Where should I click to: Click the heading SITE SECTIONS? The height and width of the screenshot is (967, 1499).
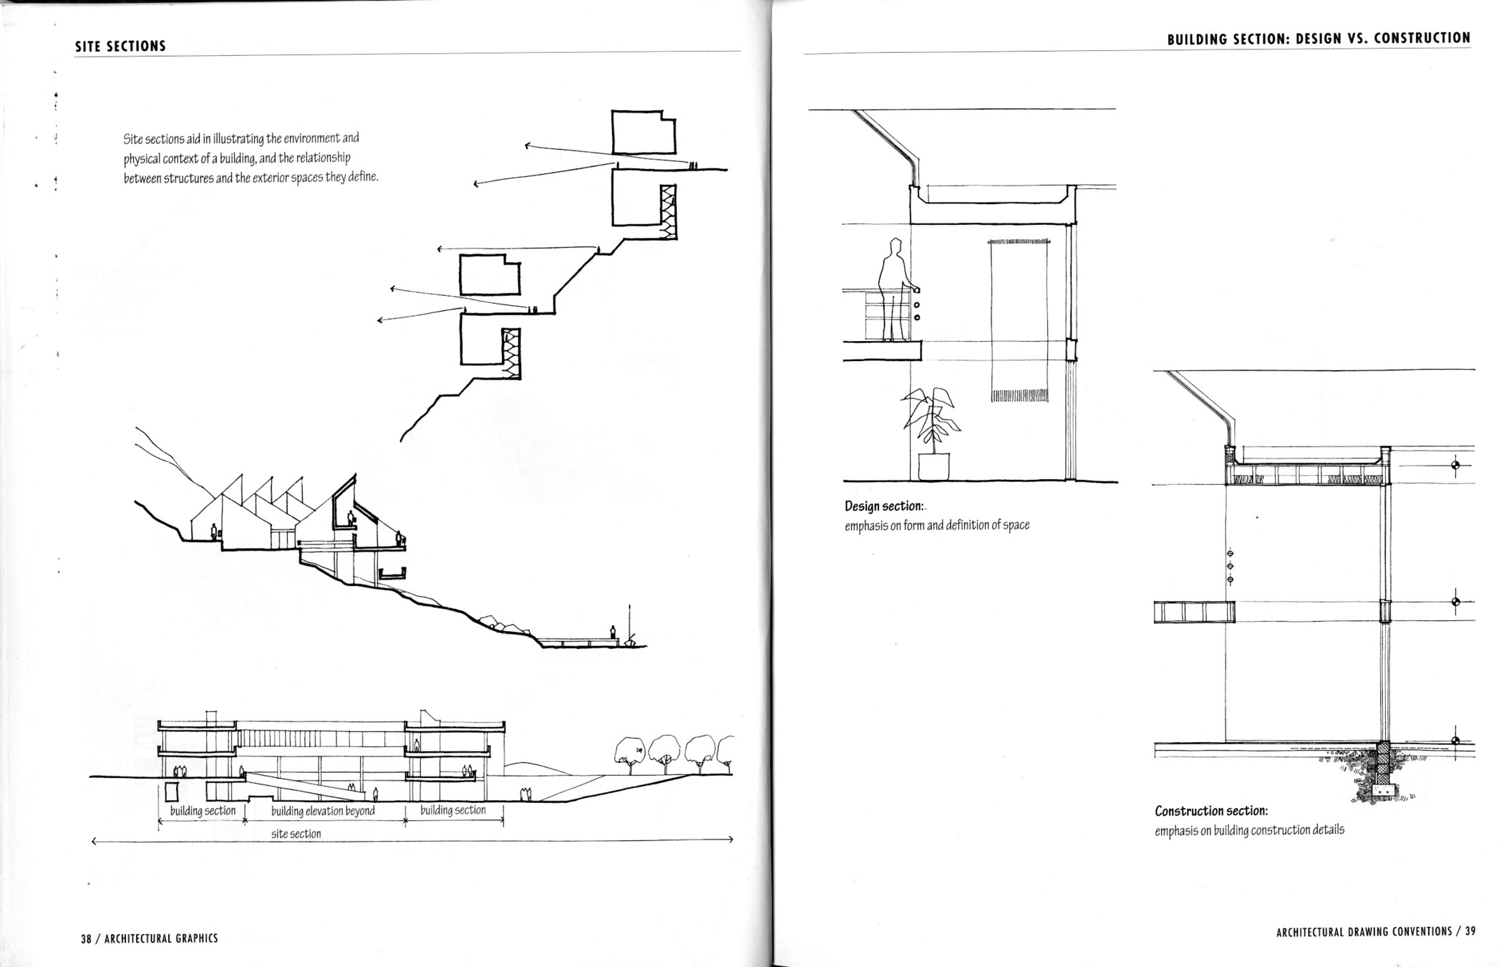pyautogui.click(x=120, y=46)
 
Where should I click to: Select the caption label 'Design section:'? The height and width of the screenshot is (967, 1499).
pyautogui.click(x=883, y=506)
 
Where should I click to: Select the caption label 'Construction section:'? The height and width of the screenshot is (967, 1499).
pyautogui.click(x=1211, y=811)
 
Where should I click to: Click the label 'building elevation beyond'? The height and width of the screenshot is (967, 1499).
pyautogui.click(x=323, y=811)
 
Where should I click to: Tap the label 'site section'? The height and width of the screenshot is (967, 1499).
pyautogui.click(x=296, y=834)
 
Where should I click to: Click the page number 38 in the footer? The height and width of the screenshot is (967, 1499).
pyautogui.click(x=87, y=938)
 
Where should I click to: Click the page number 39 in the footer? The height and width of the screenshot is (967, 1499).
pyautogui.click(x=1470, y=932)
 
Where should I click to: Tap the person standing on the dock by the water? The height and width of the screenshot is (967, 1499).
pyautogui.click(x=613, y=632)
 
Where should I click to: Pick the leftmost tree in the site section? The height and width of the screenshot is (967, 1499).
pyautogui.click(x=630, y=753)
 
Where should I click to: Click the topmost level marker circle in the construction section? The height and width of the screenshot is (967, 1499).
pyautogui.click(x=1455, y=466)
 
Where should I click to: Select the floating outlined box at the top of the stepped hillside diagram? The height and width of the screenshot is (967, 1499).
pyautogui.click(x=644, y=132)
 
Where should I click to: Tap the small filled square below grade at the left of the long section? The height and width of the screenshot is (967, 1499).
pyautogui.click(x=171, y=792)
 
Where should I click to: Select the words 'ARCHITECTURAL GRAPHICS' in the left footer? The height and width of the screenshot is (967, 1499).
pyautogui.click(x=161, y=938)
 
